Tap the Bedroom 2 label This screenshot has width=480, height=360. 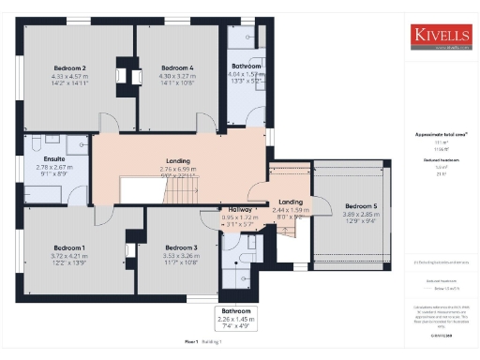coord(69,68)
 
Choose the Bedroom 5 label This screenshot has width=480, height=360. coord(361,206)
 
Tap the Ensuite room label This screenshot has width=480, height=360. coord(53,159)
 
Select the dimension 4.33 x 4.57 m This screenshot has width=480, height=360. coord(69,76)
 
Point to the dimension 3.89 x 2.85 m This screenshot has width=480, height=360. coord(361,215)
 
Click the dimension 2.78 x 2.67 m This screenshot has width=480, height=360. coord(53,167)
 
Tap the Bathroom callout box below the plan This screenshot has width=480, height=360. coord(236,318)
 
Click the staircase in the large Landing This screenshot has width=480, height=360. coord(177,192)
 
